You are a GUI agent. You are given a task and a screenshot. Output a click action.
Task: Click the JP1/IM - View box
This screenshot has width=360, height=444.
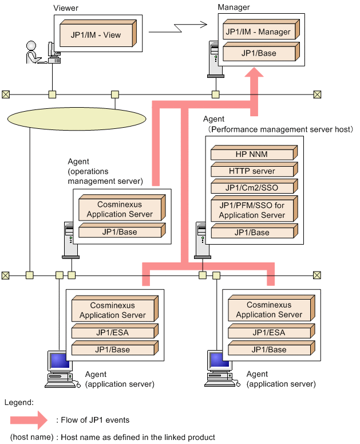pos(98,33)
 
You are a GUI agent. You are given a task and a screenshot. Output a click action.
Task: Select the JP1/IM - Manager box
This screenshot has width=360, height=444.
pos(261,29)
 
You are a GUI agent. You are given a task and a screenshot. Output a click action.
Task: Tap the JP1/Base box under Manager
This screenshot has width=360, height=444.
pos(261,52)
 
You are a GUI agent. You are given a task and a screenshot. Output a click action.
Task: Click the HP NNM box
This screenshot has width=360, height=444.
pos(254,152)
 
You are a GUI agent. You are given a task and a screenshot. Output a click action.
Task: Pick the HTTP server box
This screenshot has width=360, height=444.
pos(254,170)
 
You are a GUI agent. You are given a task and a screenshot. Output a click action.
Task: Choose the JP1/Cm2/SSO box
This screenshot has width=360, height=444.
pos(254,186)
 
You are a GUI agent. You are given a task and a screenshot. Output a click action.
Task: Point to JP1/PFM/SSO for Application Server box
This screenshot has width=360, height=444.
pos(254,209)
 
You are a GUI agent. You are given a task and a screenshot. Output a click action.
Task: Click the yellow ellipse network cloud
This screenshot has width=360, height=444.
pos(77,119)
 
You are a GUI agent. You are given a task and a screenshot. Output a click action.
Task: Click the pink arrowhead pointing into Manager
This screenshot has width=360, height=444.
pos(254,73)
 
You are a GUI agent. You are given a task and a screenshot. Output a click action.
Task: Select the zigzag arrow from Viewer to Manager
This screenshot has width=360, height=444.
pos(178,28)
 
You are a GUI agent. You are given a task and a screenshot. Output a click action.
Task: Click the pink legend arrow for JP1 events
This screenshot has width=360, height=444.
pos(29,420)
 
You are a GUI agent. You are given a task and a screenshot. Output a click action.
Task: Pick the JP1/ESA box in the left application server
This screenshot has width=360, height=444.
pos(115,331)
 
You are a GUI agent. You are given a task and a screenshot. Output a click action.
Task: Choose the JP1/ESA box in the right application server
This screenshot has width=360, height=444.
pos(271,331)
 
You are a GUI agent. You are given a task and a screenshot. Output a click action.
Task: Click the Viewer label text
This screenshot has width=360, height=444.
pos(66,8)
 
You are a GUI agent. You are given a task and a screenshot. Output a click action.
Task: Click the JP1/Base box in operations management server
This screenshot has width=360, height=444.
pos(122,230)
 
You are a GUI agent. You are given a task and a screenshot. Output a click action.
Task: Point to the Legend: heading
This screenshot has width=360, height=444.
pos(19,402)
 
